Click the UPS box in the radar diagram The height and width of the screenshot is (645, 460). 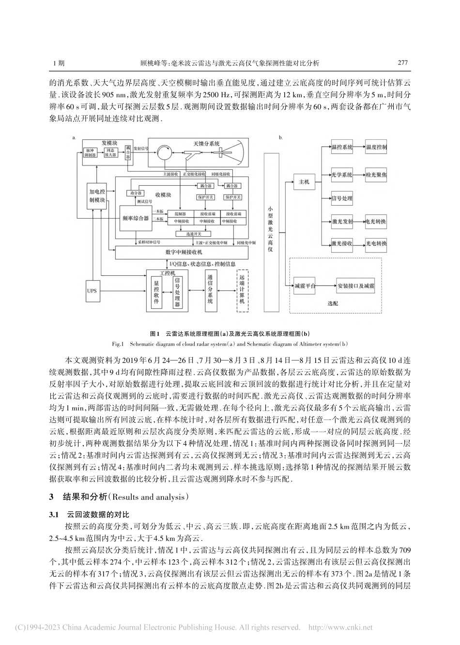point(92,291)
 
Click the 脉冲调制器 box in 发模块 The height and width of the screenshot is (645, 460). point(90,153)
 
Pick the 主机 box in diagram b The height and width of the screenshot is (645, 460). point(304,182)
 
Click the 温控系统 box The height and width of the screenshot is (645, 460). point(342,147)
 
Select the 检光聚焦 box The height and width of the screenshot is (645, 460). point(376,172)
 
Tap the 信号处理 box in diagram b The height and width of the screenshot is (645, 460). point(342,197)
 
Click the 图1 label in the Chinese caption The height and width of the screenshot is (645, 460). point(155,334)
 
